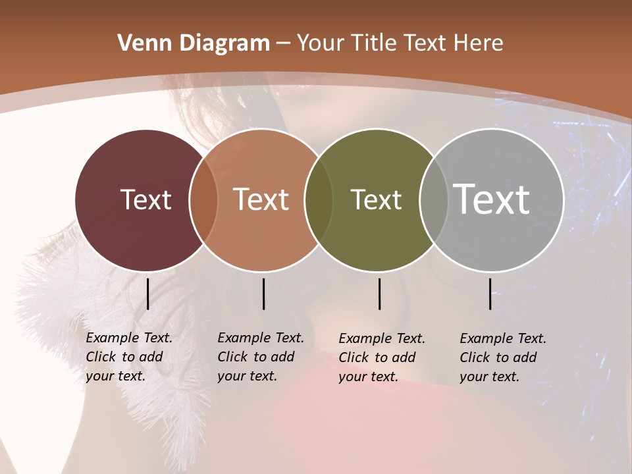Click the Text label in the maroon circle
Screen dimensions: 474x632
[145, 199]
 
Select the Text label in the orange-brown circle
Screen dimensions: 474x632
[261, 199]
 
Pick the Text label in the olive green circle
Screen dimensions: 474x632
[376, 199]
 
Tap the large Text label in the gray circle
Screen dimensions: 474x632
[492, 199]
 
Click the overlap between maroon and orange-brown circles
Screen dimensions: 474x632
[203, 199]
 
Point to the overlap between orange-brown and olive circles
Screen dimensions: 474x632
[319, 199]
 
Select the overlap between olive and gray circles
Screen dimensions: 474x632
[433, 199]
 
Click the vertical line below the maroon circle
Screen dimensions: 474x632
[147, 294]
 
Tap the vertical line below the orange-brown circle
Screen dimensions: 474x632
[263, 294]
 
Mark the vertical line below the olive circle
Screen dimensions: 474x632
[379, 294]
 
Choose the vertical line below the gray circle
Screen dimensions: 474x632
[490, 294]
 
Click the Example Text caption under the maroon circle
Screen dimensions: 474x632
[128, 357]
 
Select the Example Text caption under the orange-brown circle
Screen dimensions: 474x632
[260, 357]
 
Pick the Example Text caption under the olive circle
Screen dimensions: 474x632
[381, 357]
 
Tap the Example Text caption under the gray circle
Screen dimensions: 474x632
[502, 357]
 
